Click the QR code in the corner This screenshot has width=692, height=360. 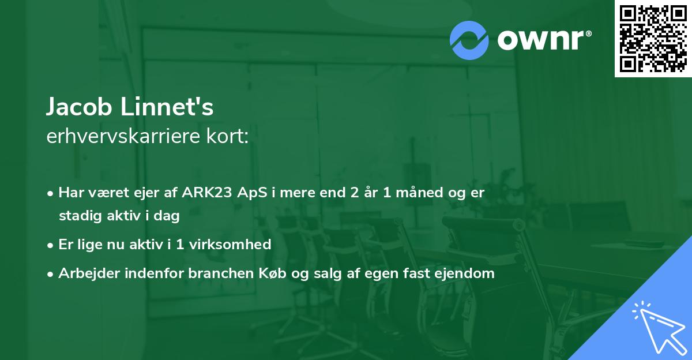click(653, 38)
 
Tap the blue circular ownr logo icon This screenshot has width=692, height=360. click(469, 40)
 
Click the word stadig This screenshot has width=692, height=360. click(78, 216)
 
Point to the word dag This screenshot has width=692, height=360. click(167, 216)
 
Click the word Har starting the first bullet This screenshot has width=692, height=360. click(70, 193)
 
